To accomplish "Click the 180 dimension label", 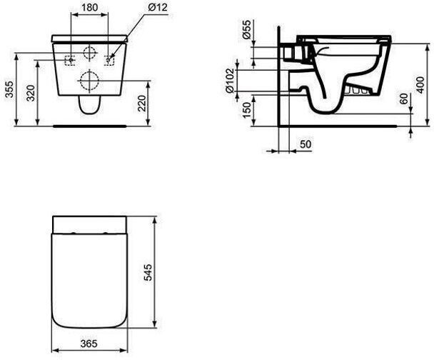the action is pyautogui.click(x=90, y=7).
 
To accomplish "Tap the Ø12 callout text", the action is pyautogui.click(x=158, y=7).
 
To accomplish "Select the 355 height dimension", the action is pyautogui.click(x=10, y=89).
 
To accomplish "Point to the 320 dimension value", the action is pyautogui.click(x=31, y=93).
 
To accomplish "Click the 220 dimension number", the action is pyautogui.click(x=141, y=103).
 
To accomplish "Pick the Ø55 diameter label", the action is pyautogui.click(x=246, y=29).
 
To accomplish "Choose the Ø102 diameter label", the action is pyautogui.click(x=230, y=81).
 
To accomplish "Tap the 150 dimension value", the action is pyautogui.click(x=247, y=110).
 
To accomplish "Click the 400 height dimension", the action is pyautogui.click(x=420, y=85).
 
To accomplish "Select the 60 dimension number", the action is pyautogui.click(x=405, y=99).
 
